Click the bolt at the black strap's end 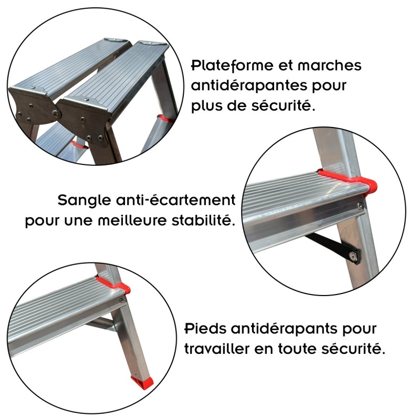356,257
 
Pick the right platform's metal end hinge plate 85,117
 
